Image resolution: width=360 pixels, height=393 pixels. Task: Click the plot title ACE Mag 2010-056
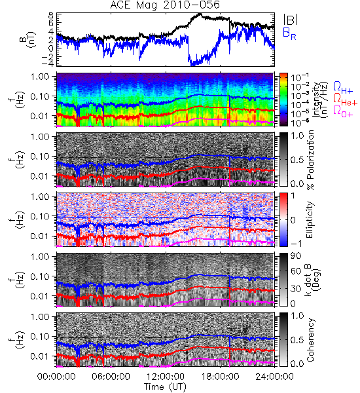point(165,5)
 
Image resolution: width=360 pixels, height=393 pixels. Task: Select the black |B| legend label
point(291,20)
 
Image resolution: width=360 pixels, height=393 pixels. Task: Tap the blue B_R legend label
point(289,34)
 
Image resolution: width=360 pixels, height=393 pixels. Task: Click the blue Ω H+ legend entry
point(343,88)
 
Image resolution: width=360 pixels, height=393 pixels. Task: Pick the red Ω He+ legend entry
point(345,100)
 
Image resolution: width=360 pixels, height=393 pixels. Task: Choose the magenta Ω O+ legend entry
point(343,111)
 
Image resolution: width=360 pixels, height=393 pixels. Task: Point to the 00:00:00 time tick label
point(56,377)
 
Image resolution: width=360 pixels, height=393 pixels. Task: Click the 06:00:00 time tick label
point(111,377)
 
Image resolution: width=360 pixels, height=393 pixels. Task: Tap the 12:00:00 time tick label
point(166,377)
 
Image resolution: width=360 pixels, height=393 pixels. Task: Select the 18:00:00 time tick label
point(220,377)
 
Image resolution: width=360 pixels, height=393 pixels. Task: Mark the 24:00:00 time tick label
point(274,377)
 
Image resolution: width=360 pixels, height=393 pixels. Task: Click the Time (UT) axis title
point(166,387)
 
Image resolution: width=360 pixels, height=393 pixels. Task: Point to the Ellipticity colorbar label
point(310,220)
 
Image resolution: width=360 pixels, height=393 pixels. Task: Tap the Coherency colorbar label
point(310,340)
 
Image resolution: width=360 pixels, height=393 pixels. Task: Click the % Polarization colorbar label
point(310,160)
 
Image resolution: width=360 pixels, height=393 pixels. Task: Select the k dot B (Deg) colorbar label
point(312,279)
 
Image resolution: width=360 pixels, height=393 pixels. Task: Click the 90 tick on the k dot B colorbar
point(296,256)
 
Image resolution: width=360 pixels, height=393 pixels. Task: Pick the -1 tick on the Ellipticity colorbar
point(297,244)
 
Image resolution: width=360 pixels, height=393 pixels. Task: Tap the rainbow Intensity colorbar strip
point(283,100)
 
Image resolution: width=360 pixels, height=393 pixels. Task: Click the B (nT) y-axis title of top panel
point(29,39)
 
